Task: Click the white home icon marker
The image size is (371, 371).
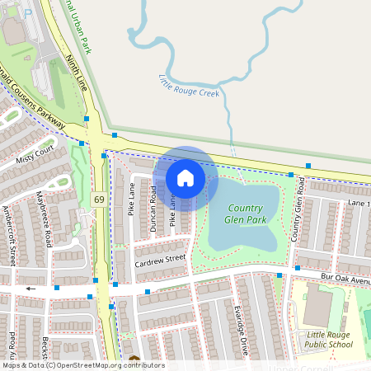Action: click(x=185, y=177)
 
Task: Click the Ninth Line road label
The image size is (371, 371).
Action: click(x=75, y=72)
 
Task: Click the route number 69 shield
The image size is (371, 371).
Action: click(x=99, y=200)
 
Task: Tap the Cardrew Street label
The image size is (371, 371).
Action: click(x=161, y=259)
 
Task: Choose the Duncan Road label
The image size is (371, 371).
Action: click(x=153, y=207)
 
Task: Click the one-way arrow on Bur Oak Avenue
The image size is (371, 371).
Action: click(x=31, y=289)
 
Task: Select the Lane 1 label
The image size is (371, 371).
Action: click(x=358, y=202)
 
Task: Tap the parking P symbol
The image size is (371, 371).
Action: click(x=29, y=12)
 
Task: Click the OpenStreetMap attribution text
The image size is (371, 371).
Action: click(x=82, y=365)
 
